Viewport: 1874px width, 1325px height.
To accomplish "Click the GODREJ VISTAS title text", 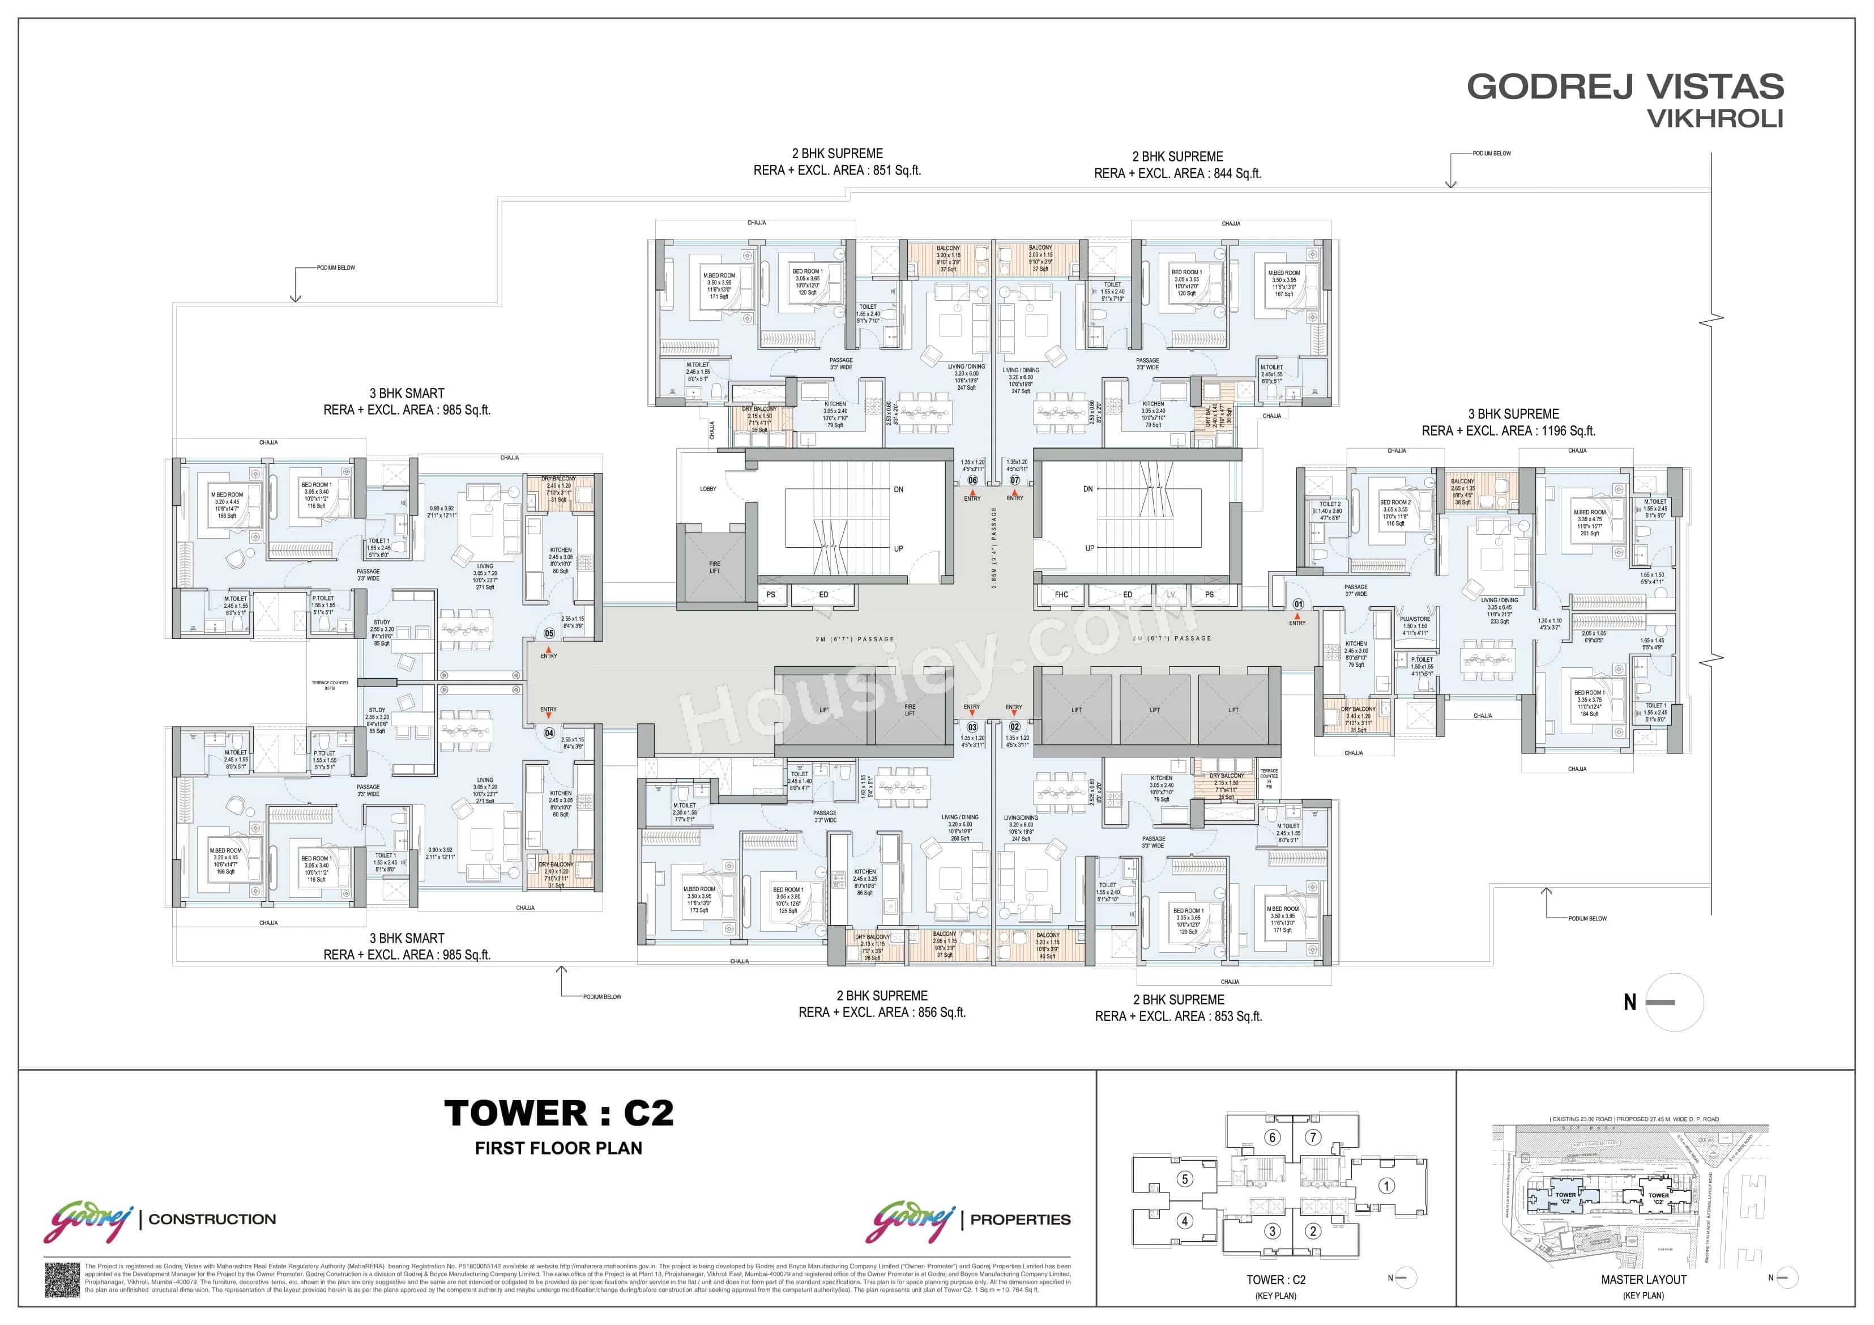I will pyautogui.click(x=1624, y=87).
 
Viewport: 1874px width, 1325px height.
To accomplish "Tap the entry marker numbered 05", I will pyautogui.click(x=549, y=633).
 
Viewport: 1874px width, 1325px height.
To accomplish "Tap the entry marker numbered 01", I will pyautogui.click(x=1298, y=604).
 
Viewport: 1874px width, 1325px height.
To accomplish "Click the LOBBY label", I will pyautogui.click(x=708, y=489).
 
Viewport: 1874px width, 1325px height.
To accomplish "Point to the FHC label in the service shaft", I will pyautogui.click(x=1061, y=594).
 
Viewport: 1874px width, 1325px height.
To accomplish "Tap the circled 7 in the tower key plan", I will pyautogui.click(x=1312, y=1137).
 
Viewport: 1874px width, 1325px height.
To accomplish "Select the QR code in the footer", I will pyautogui.click(x=62, y=1279).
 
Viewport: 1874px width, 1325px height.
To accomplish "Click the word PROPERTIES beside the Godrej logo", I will pyautogui.click(x=1021, y=1220).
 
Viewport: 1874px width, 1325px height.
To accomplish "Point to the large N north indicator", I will pyautogui.click(x=1630, y=1003).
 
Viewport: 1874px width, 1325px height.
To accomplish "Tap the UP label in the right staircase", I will pyautogui.click(x=1089, y=548).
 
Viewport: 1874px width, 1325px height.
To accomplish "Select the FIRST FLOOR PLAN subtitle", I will pyautogui.click(x=558, y=1148).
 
